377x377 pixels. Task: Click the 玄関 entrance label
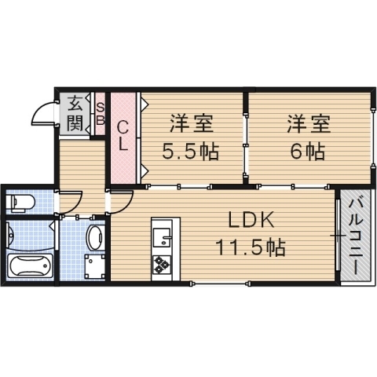pos(75,112)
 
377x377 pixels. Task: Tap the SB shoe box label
pos(101,112)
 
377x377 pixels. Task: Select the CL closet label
pos(123,135)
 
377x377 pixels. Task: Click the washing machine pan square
pos(95,266)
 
